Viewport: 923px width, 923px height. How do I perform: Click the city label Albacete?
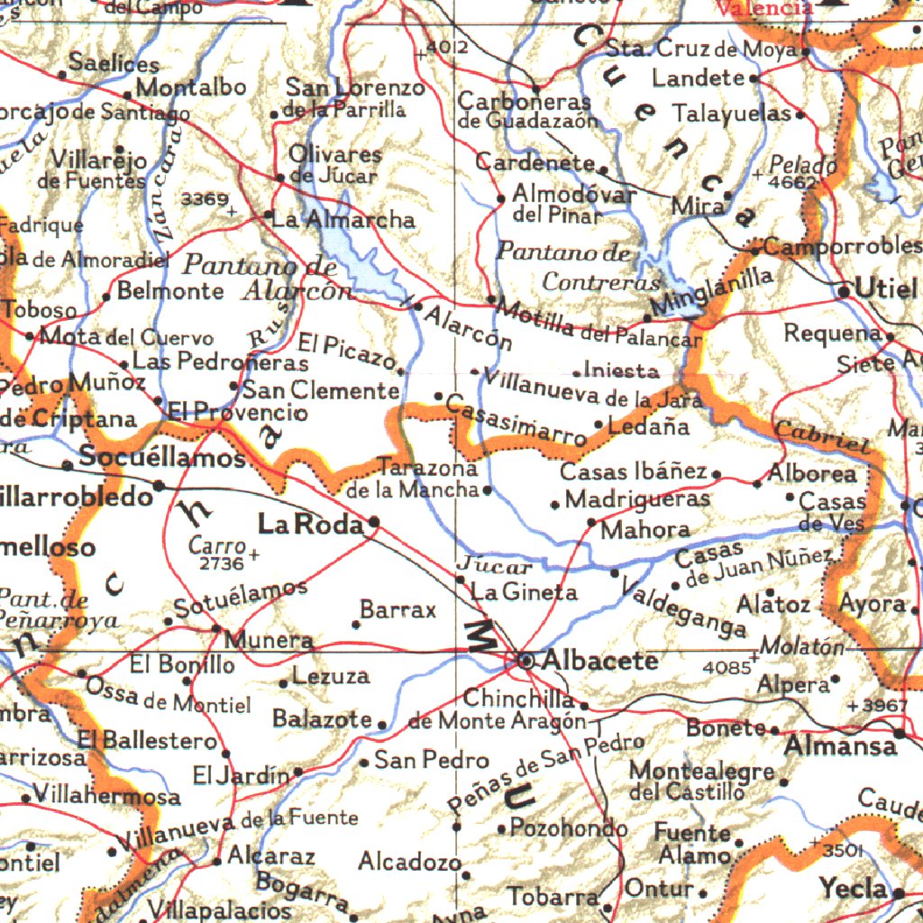(600, 660)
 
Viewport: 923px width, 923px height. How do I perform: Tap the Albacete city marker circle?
(526, 661)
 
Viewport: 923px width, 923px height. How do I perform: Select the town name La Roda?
(311, 524)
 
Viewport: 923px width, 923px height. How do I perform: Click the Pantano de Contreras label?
(577, 268)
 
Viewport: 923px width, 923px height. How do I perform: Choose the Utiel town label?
(886, 289)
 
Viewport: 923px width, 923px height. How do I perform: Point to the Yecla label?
(853, 889)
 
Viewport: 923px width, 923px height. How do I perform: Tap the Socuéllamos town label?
(162, 457)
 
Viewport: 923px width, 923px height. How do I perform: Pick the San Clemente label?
(321, 391)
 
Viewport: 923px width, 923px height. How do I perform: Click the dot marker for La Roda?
(373, 521)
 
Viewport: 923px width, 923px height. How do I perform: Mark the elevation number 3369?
(205, 199)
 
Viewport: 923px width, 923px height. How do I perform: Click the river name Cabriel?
(820, 436)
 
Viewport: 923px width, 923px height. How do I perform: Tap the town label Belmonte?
(170, 291)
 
